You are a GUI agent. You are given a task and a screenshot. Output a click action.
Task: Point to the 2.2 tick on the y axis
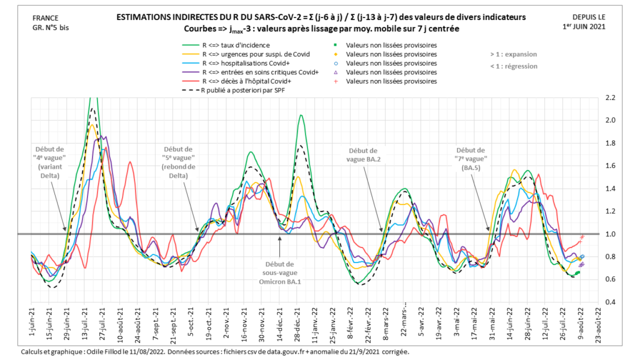coord(609,97)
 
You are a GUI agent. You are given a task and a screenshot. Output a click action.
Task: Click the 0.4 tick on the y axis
coord(609,302)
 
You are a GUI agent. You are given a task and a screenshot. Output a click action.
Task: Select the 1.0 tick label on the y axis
coord(609,234)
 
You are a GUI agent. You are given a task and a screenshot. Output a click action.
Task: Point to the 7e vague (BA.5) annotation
coord(470,159)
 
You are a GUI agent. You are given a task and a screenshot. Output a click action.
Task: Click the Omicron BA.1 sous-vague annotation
coord(279,273)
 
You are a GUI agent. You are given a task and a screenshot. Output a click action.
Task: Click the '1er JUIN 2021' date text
coord(584,26)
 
